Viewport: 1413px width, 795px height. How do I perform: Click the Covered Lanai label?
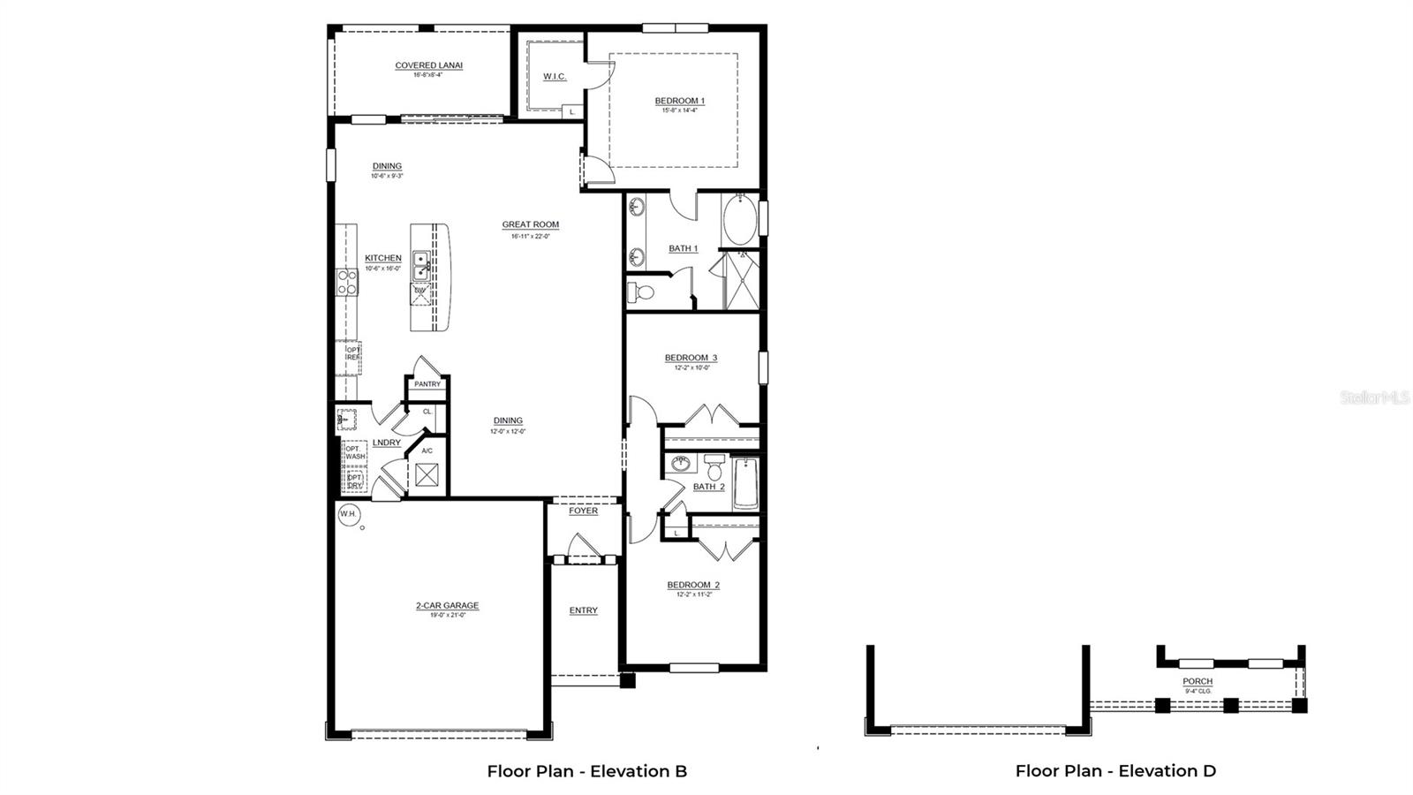coord(428,65)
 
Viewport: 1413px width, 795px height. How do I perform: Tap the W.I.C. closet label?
coord(555,77)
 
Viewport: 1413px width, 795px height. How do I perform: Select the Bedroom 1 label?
coord(679,101)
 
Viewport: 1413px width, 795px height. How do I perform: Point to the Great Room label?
coord(530,224)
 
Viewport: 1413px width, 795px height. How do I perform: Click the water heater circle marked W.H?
coord(348,513)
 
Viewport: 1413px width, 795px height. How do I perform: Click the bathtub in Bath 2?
coord(746,483)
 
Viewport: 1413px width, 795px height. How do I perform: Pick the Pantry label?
coord(427,384)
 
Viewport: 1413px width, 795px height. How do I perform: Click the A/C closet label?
coord(427,450)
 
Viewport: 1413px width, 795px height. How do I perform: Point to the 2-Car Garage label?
coord(447,606)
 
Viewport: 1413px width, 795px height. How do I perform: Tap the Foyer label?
coord(583,511)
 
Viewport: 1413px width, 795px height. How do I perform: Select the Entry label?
coord(583,610)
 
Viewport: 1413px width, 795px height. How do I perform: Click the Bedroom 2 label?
coord(693,585)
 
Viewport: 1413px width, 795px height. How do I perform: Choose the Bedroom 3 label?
coord(691,358)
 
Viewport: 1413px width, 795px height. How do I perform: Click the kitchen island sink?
coord(422,263)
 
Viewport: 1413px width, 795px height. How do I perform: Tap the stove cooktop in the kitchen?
coord(347,282)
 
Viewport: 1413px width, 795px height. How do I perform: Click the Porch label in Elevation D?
coord(1198,681)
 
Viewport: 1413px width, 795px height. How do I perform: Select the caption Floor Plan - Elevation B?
coord(586,770)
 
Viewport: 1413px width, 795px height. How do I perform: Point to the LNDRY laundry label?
coord(387,443)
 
